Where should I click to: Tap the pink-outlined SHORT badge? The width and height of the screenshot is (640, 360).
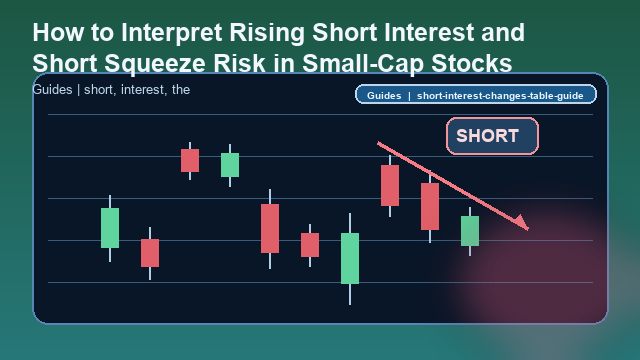click(492, 136)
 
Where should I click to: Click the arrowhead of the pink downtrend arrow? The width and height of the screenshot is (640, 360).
click(522, 223)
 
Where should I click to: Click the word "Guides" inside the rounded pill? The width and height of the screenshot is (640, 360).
click(384, 96)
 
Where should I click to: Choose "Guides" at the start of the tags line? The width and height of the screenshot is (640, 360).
click(53, 90)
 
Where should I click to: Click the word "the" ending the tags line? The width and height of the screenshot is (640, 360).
click(180, 90)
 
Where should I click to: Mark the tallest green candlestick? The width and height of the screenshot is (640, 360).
click(350, 258)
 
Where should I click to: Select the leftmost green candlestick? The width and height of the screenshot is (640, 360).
click(110, 227)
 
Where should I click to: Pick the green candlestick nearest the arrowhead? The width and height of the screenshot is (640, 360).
click(470, 230)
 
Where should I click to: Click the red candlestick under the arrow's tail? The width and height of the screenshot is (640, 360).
click(390, 185)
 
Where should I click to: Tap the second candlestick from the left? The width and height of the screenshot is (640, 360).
click(150, 252)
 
